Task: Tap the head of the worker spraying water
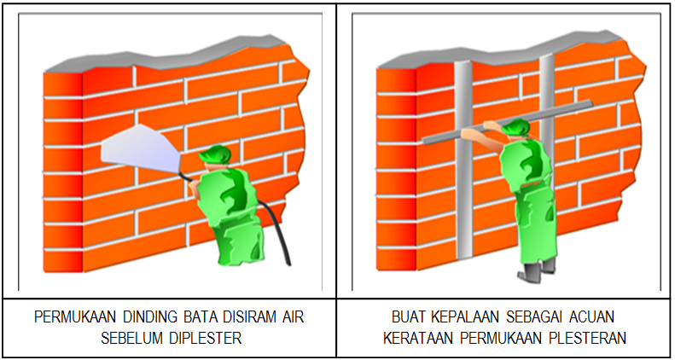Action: (215, 157)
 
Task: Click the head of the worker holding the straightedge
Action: (515, 131)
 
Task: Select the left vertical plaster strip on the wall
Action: (463, 171)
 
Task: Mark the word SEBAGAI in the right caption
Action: (525, 317)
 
